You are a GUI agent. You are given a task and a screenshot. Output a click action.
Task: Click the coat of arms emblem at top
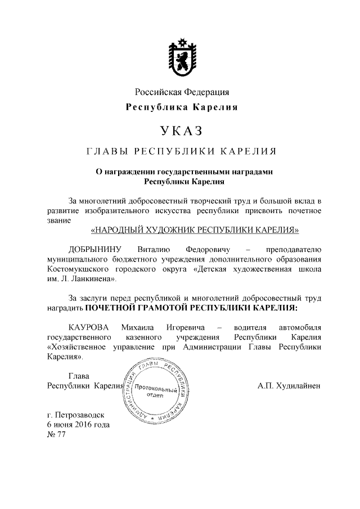(181, 57)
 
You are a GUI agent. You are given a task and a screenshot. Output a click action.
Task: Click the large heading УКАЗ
(181, 132)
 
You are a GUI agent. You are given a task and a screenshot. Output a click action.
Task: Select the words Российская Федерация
(181, 92)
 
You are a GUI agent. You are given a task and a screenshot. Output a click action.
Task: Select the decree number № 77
(57, 435)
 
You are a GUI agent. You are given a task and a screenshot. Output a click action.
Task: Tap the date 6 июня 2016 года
(79, 425)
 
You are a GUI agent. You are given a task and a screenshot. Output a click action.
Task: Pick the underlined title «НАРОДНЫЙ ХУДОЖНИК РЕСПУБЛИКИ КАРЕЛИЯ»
(195, 230)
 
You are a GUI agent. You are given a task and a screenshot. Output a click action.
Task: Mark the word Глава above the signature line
(79, 375)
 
